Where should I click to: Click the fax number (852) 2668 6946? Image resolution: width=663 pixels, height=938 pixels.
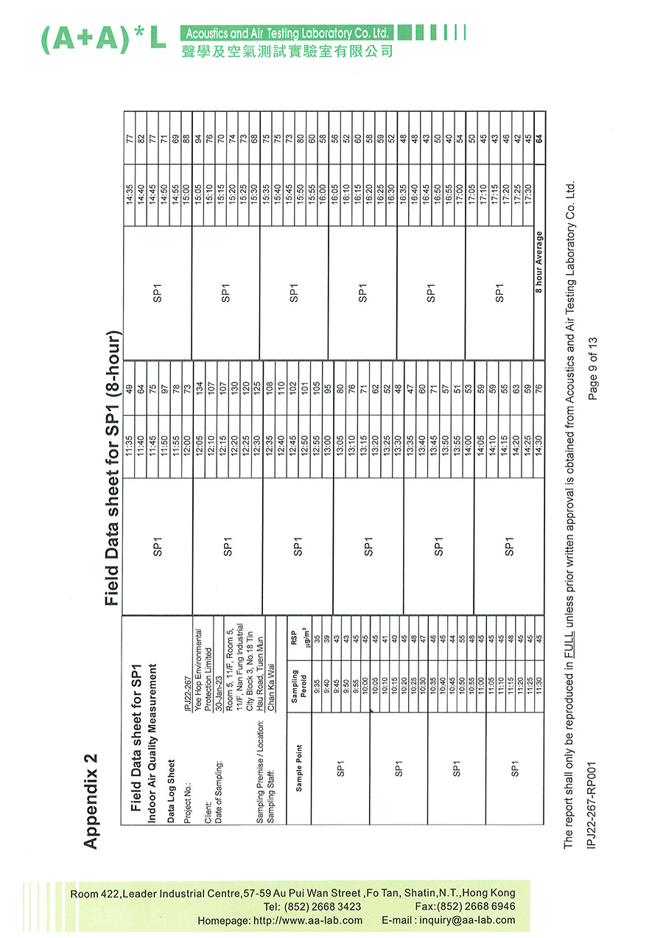point(475,906)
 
